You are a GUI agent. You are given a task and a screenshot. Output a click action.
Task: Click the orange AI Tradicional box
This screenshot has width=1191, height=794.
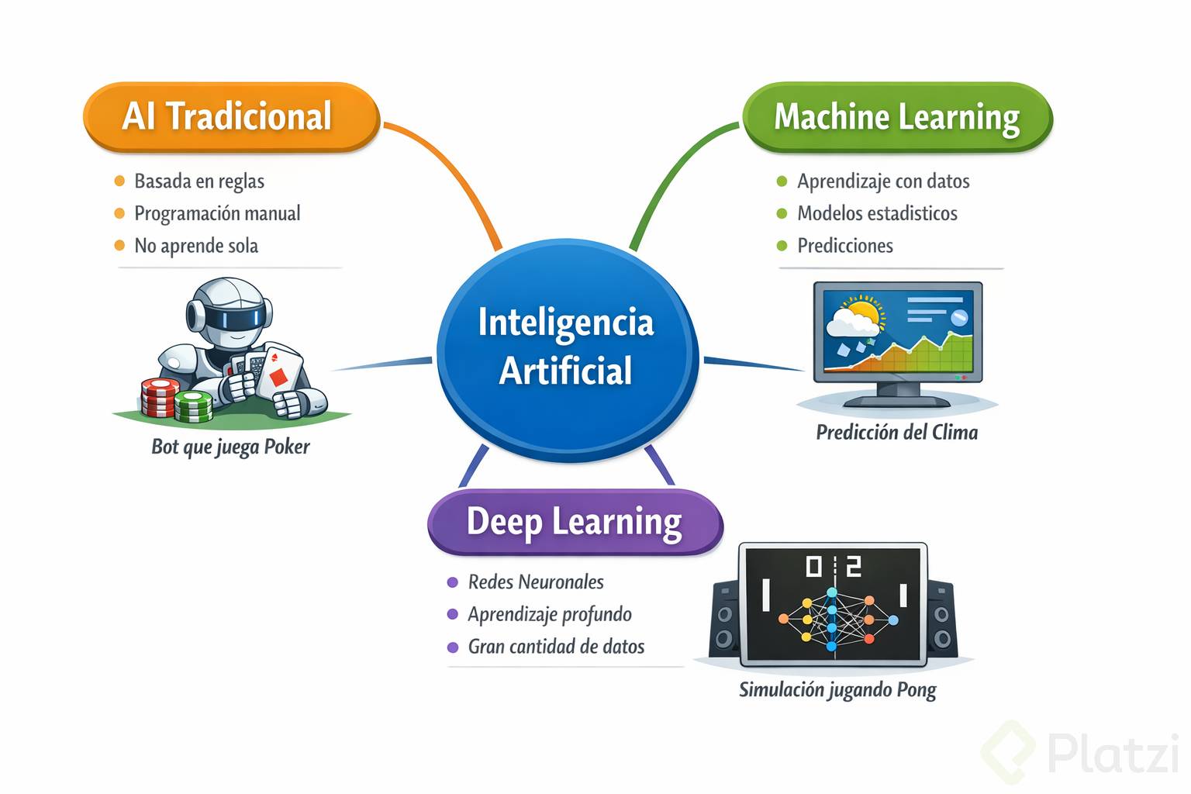231,116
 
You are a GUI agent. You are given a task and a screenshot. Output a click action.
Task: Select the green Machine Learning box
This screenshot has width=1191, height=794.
897,118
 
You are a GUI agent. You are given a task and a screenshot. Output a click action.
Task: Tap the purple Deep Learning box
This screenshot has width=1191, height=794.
575,521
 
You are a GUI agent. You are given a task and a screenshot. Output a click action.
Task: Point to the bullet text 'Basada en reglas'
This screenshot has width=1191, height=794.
199,181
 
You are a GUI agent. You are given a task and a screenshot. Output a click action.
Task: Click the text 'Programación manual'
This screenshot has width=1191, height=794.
217,213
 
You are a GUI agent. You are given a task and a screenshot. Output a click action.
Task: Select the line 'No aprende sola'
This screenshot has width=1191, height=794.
196,246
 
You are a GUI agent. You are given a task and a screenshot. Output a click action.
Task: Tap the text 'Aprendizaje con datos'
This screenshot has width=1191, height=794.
883,181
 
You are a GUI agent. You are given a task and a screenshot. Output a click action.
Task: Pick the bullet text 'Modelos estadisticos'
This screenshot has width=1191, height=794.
877,213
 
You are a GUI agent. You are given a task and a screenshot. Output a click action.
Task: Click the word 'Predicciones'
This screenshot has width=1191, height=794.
845,246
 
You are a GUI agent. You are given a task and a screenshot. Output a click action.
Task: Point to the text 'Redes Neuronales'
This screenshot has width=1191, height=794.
536,582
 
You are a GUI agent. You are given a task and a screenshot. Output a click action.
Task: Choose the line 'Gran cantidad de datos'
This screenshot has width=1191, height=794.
556,647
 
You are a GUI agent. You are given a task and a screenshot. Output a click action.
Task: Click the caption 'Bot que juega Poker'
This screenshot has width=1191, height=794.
230,447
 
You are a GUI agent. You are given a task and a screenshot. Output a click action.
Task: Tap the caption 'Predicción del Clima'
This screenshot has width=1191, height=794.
896,432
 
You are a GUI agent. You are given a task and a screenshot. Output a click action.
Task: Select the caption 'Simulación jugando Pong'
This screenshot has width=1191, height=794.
837,689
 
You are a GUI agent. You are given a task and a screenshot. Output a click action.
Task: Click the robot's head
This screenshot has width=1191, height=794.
230,311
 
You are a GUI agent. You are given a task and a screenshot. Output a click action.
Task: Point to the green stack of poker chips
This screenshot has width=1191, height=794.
194,406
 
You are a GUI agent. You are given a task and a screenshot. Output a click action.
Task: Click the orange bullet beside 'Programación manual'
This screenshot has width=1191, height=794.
119,213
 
